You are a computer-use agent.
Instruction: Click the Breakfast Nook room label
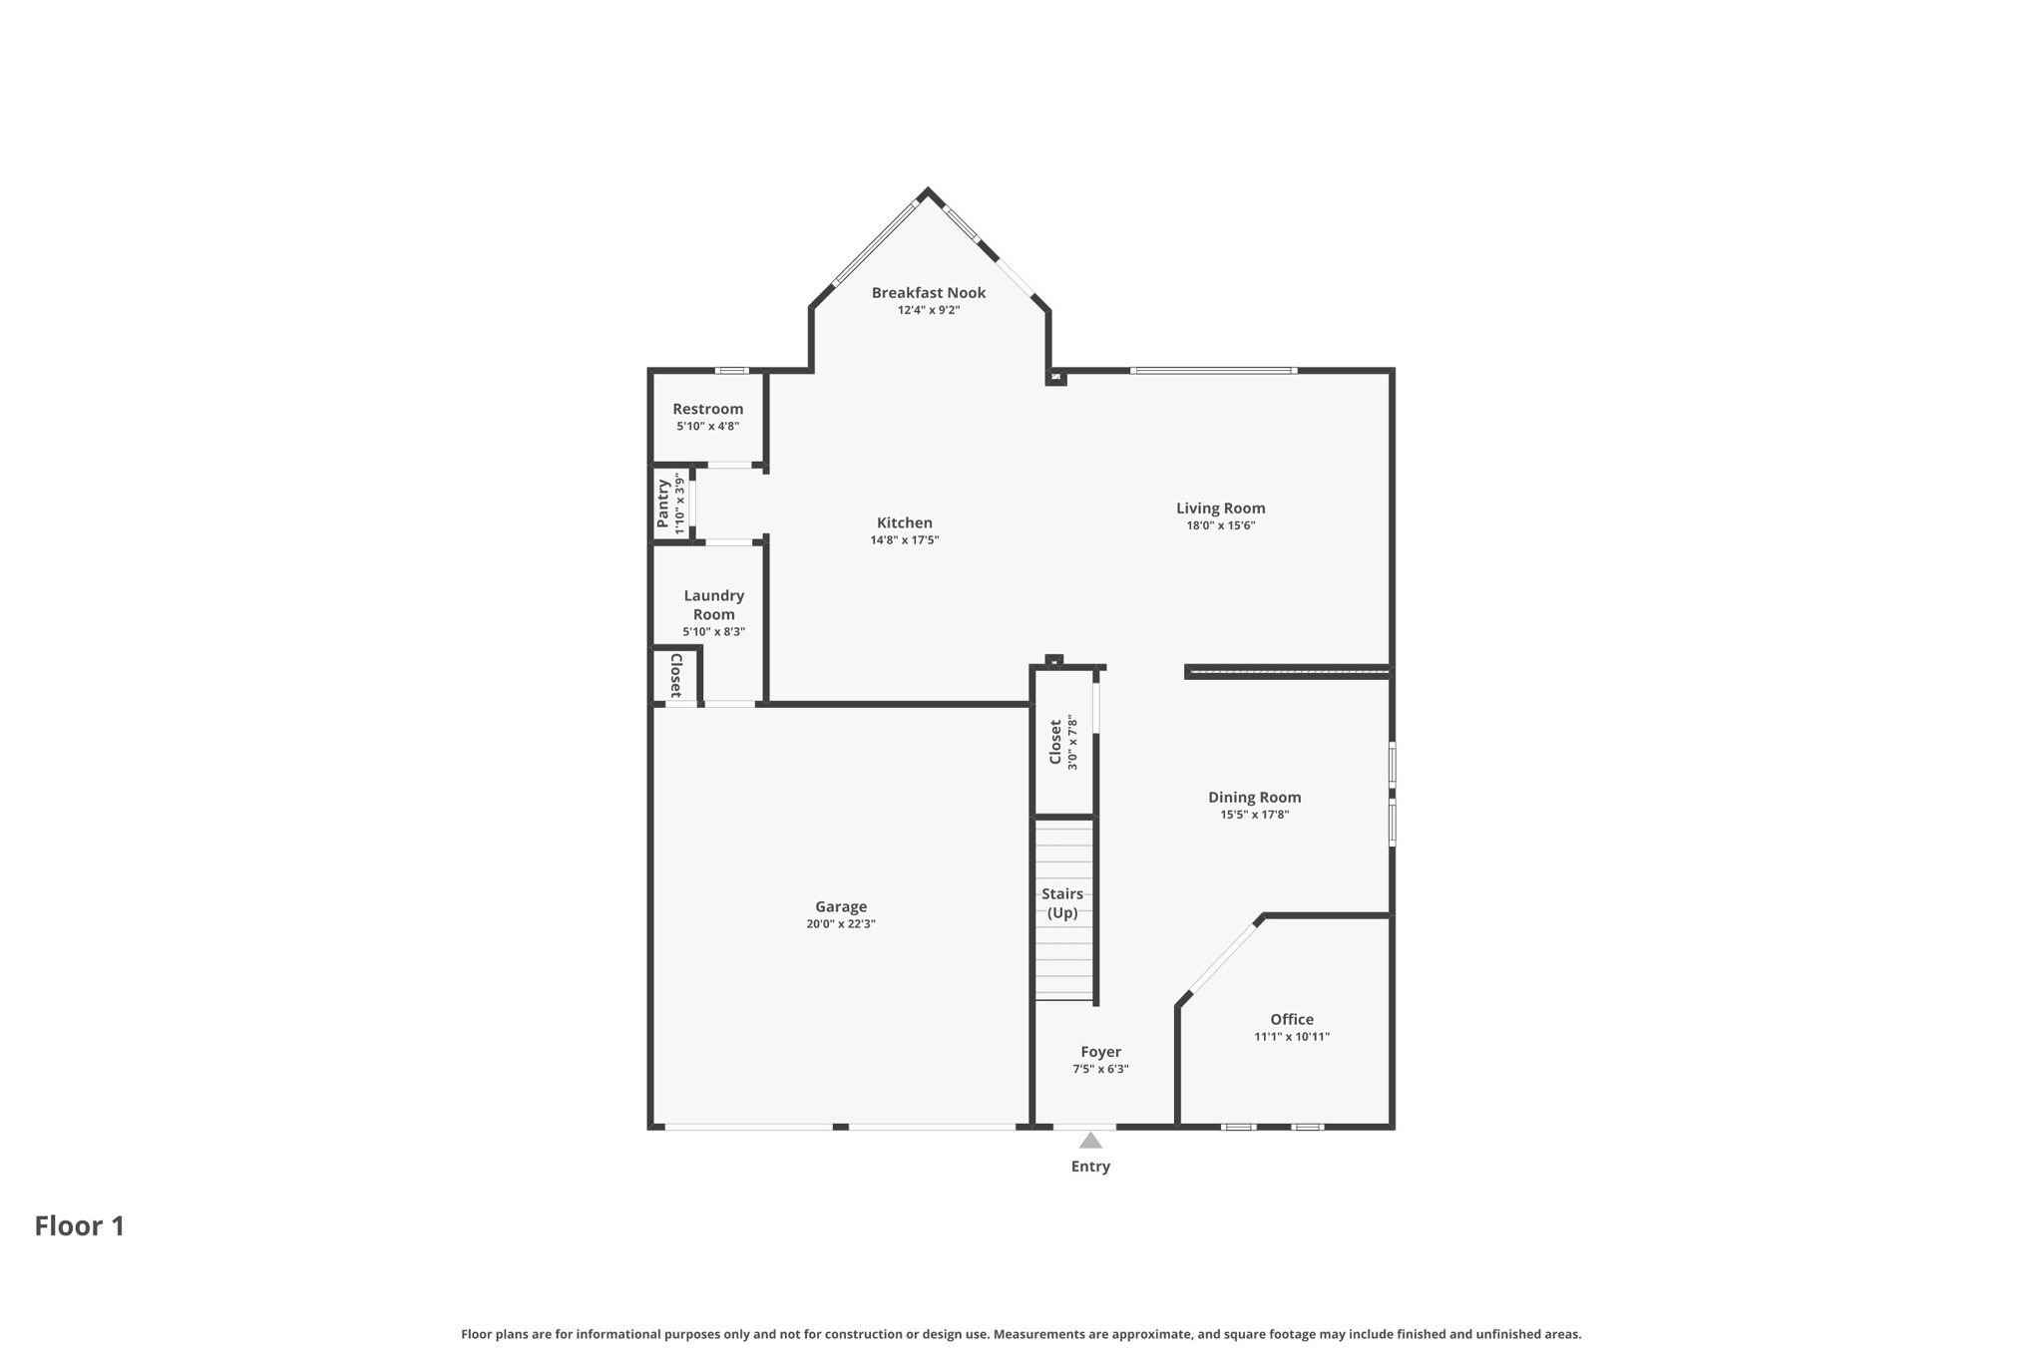(928, 292)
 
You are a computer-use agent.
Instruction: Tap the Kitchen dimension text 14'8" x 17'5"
(904, 540)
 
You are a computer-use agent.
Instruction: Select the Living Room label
(1220, 509)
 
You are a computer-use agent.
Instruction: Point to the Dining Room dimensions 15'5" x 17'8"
(1254, 815)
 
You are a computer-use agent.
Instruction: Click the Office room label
(1291, 1019)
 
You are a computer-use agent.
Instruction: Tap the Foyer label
(1100, 1052)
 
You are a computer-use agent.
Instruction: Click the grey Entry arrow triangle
(1090, 1141)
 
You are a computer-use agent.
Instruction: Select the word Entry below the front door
(1090, 1167)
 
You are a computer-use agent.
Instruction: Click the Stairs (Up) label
(1062, 903)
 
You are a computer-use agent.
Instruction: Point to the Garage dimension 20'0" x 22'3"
(840, 924)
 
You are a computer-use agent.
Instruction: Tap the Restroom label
(707, 409)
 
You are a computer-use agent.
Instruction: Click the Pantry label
(662, 505)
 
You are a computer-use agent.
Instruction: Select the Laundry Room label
(713, 605)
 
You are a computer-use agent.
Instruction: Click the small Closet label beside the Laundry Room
(675, 675)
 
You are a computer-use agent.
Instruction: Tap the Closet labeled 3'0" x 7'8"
(1055, 742)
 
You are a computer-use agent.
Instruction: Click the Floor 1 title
(80, 1226)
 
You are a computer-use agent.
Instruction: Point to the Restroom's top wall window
(731, 371)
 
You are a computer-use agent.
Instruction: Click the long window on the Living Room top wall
(1213, 371)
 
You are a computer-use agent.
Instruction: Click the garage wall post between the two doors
(840, 1127)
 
